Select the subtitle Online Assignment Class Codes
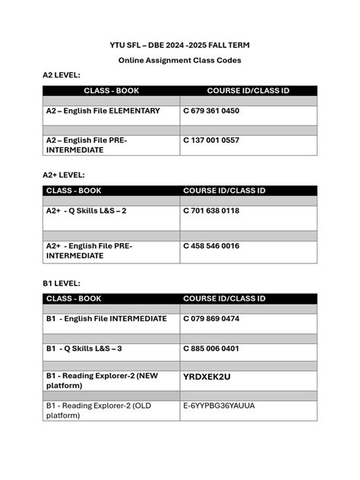[179, 60]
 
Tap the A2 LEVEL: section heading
[62, 75]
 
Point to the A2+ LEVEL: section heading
[64, 175]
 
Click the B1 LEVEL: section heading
[62, 283]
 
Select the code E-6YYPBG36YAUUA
[219, 406]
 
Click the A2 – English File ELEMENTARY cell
[103, 111]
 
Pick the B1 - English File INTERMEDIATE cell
[106, 319]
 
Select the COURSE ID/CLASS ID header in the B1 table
[224, 298]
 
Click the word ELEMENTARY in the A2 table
[134, 111]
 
